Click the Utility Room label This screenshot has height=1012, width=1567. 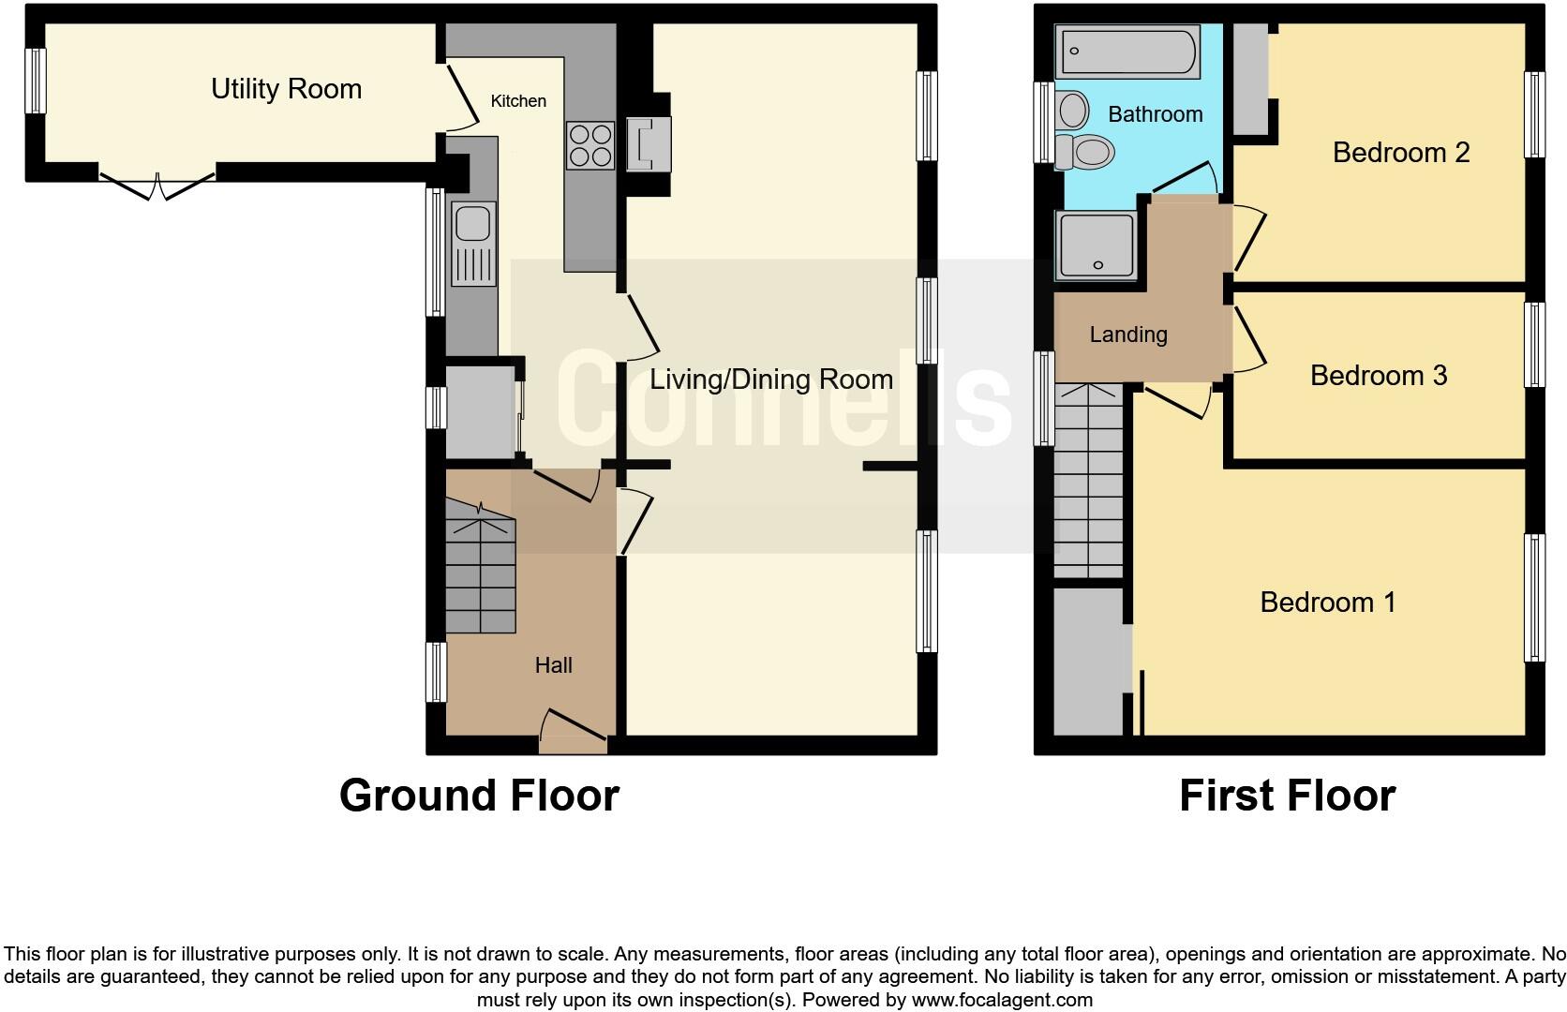pos(286,89)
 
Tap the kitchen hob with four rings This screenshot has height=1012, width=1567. pos(590,145)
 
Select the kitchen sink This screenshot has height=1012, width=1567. pos(474,244)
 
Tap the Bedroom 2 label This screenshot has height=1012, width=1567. pos(1400,152)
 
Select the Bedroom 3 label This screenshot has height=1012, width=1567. pos(1378,376)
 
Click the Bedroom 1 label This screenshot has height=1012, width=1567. pos(1327,602)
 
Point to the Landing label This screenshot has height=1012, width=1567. pos(1127,335)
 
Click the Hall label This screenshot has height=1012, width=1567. pos(553,665)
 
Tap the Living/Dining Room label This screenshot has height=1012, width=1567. pos(770,379)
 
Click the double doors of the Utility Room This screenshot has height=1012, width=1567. pos(157,185)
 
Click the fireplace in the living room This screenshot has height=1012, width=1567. pos(649,144)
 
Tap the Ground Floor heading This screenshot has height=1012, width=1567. pos(479,796)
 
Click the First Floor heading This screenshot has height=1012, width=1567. pos(1287,796)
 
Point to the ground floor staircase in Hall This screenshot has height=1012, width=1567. pos(480,576)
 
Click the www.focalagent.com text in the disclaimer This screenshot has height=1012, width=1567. pos(1001,1000)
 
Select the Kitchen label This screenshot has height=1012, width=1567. pos(518,101)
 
